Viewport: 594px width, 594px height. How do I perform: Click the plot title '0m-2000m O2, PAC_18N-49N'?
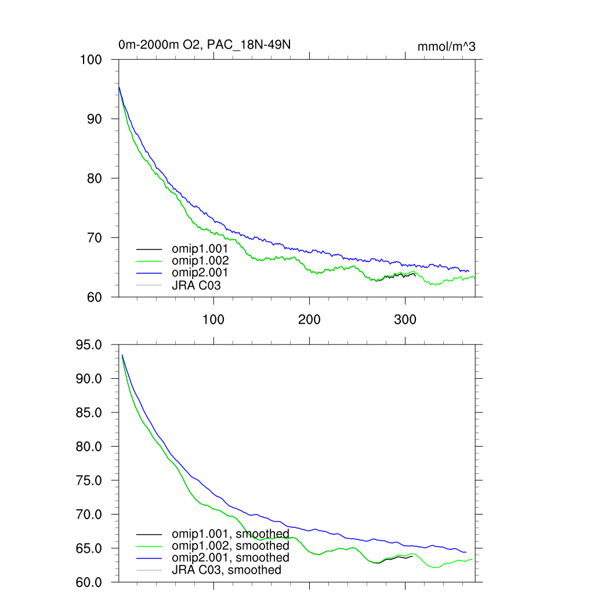209,45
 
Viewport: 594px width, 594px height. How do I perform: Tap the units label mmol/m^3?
446,46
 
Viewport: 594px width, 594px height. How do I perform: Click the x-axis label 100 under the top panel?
213,320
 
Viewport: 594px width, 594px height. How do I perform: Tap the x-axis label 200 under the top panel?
309,320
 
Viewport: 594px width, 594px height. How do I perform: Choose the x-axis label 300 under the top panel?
405,320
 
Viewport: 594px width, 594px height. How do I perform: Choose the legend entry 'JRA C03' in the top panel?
196,285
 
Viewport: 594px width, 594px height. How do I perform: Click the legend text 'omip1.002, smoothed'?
230,546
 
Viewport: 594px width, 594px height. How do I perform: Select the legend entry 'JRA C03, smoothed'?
226,570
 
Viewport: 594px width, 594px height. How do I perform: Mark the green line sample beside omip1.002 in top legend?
148,260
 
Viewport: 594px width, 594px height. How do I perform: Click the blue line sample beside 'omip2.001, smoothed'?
148,558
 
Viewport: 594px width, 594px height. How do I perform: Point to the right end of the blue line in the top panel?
469,271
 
